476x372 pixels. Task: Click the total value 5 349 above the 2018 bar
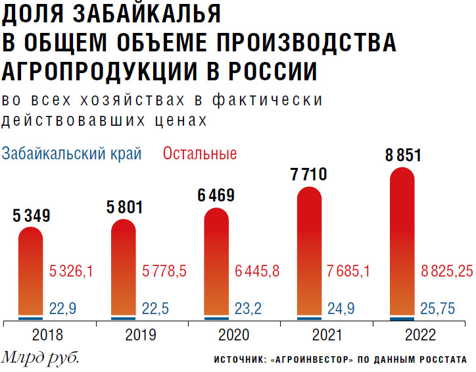[32, 215]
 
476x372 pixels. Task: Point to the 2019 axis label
[141, 336]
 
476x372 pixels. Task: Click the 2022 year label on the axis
[420, 336]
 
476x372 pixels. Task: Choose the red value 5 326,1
[73, 271]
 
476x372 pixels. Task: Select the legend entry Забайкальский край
[72, 154]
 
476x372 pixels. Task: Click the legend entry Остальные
[200, 154]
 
